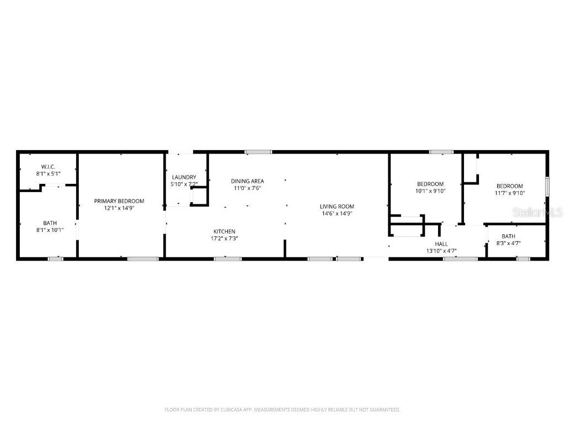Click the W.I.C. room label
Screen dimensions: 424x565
point(47,167)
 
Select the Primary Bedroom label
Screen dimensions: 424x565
point(119,201)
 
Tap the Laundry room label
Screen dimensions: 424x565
point(184,177)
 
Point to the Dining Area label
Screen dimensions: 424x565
point(247,181)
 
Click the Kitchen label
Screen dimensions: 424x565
point(225,231)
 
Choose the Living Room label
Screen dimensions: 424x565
point(337,206)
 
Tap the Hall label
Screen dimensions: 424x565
point(441,243)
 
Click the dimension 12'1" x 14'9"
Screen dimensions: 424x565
point(119,208)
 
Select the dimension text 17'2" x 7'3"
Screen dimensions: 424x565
point(225,239)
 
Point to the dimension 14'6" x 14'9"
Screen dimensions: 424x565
point(337,214)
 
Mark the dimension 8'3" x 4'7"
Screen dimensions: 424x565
point(508,243)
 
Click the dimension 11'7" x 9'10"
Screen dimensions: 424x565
point(509,193)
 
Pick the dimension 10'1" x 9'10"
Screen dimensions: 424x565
point(430,191)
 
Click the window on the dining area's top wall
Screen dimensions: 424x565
point(258,151)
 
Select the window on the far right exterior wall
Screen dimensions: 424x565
point(547,186)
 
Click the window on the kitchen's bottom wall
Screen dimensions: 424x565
point(227,258)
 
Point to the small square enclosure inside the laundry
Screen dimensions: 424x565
point(199,196)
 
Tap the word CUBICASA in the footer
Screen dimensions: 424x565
point(224,410)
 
